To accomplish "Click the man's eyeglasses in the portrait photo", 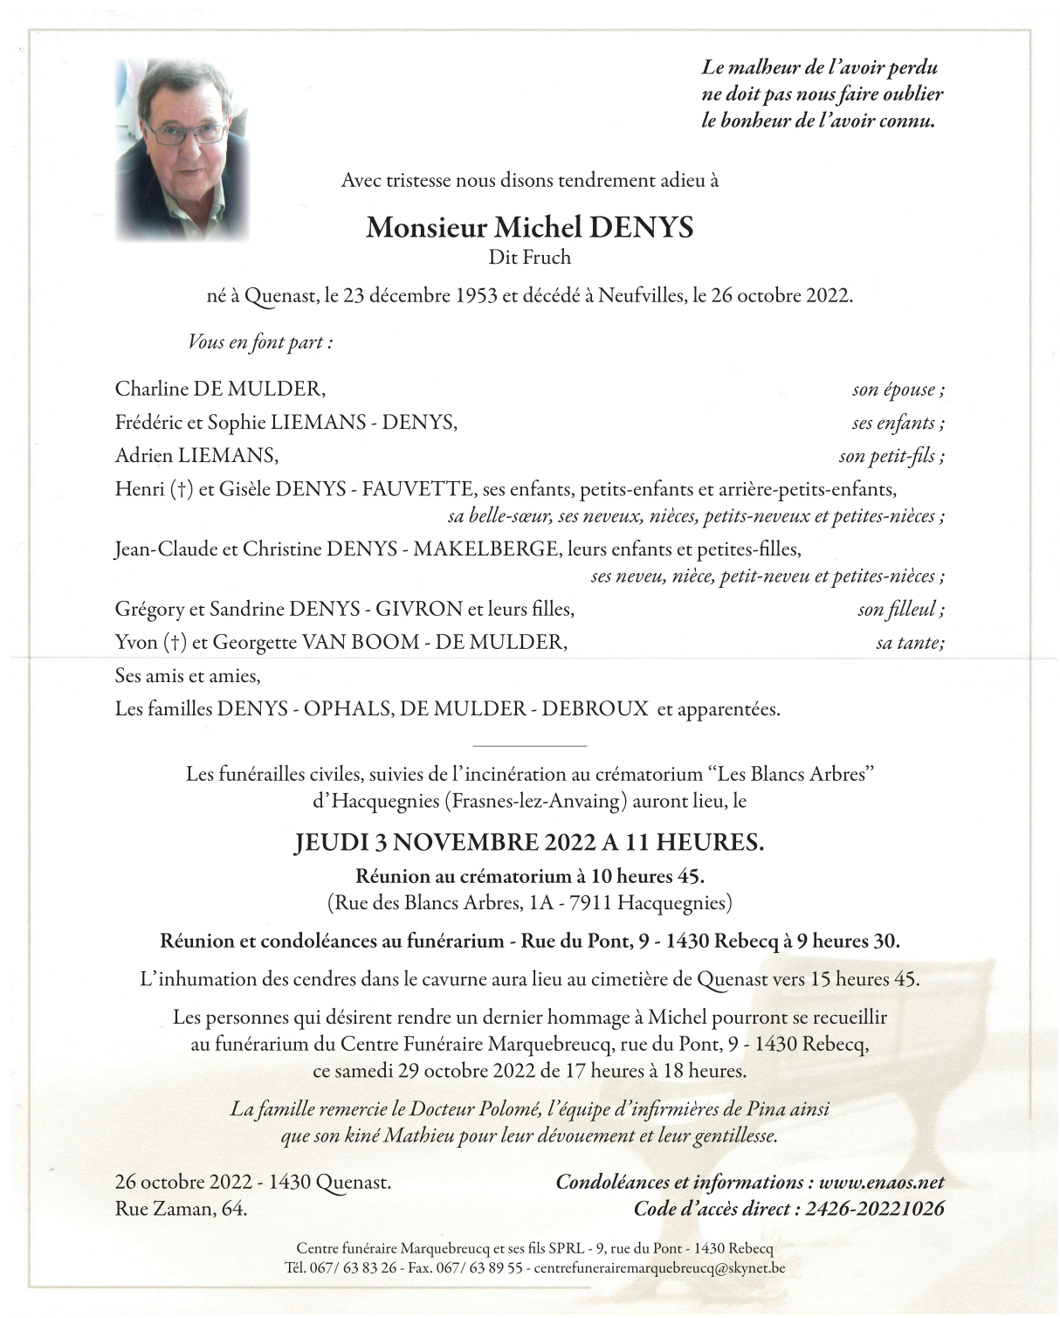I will point(185,132).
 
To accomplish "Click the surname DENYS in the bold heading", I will point(642,227).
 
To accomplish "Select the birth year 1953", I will point(476,295).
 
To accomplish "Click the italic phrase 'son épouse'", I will point(898,390).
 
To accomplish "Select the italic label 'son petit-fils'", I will point(891,455).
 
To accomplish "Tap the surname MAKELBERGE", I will point(485,549).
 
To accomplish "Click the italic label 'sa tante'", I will point(909,643).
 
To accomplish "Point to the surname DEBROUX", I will point(595,708).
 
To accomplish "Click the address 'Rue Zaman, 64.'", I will point(181,1209).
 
